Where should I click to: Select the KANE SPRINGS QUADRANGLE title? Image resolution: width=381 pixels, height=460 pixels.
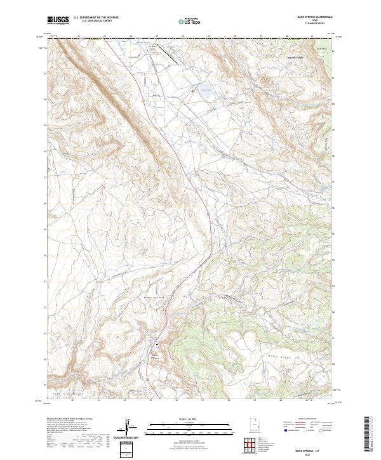pos(315,17)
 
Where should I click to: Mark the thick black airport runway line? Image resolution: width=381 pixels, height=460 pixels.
pos(169,52)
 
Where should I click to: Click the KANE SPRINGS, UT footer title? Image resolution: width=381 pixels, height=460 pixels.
pos(315,448)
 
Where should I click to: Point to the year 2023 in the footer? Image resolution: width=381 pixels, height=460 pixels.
pos(315,452)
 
